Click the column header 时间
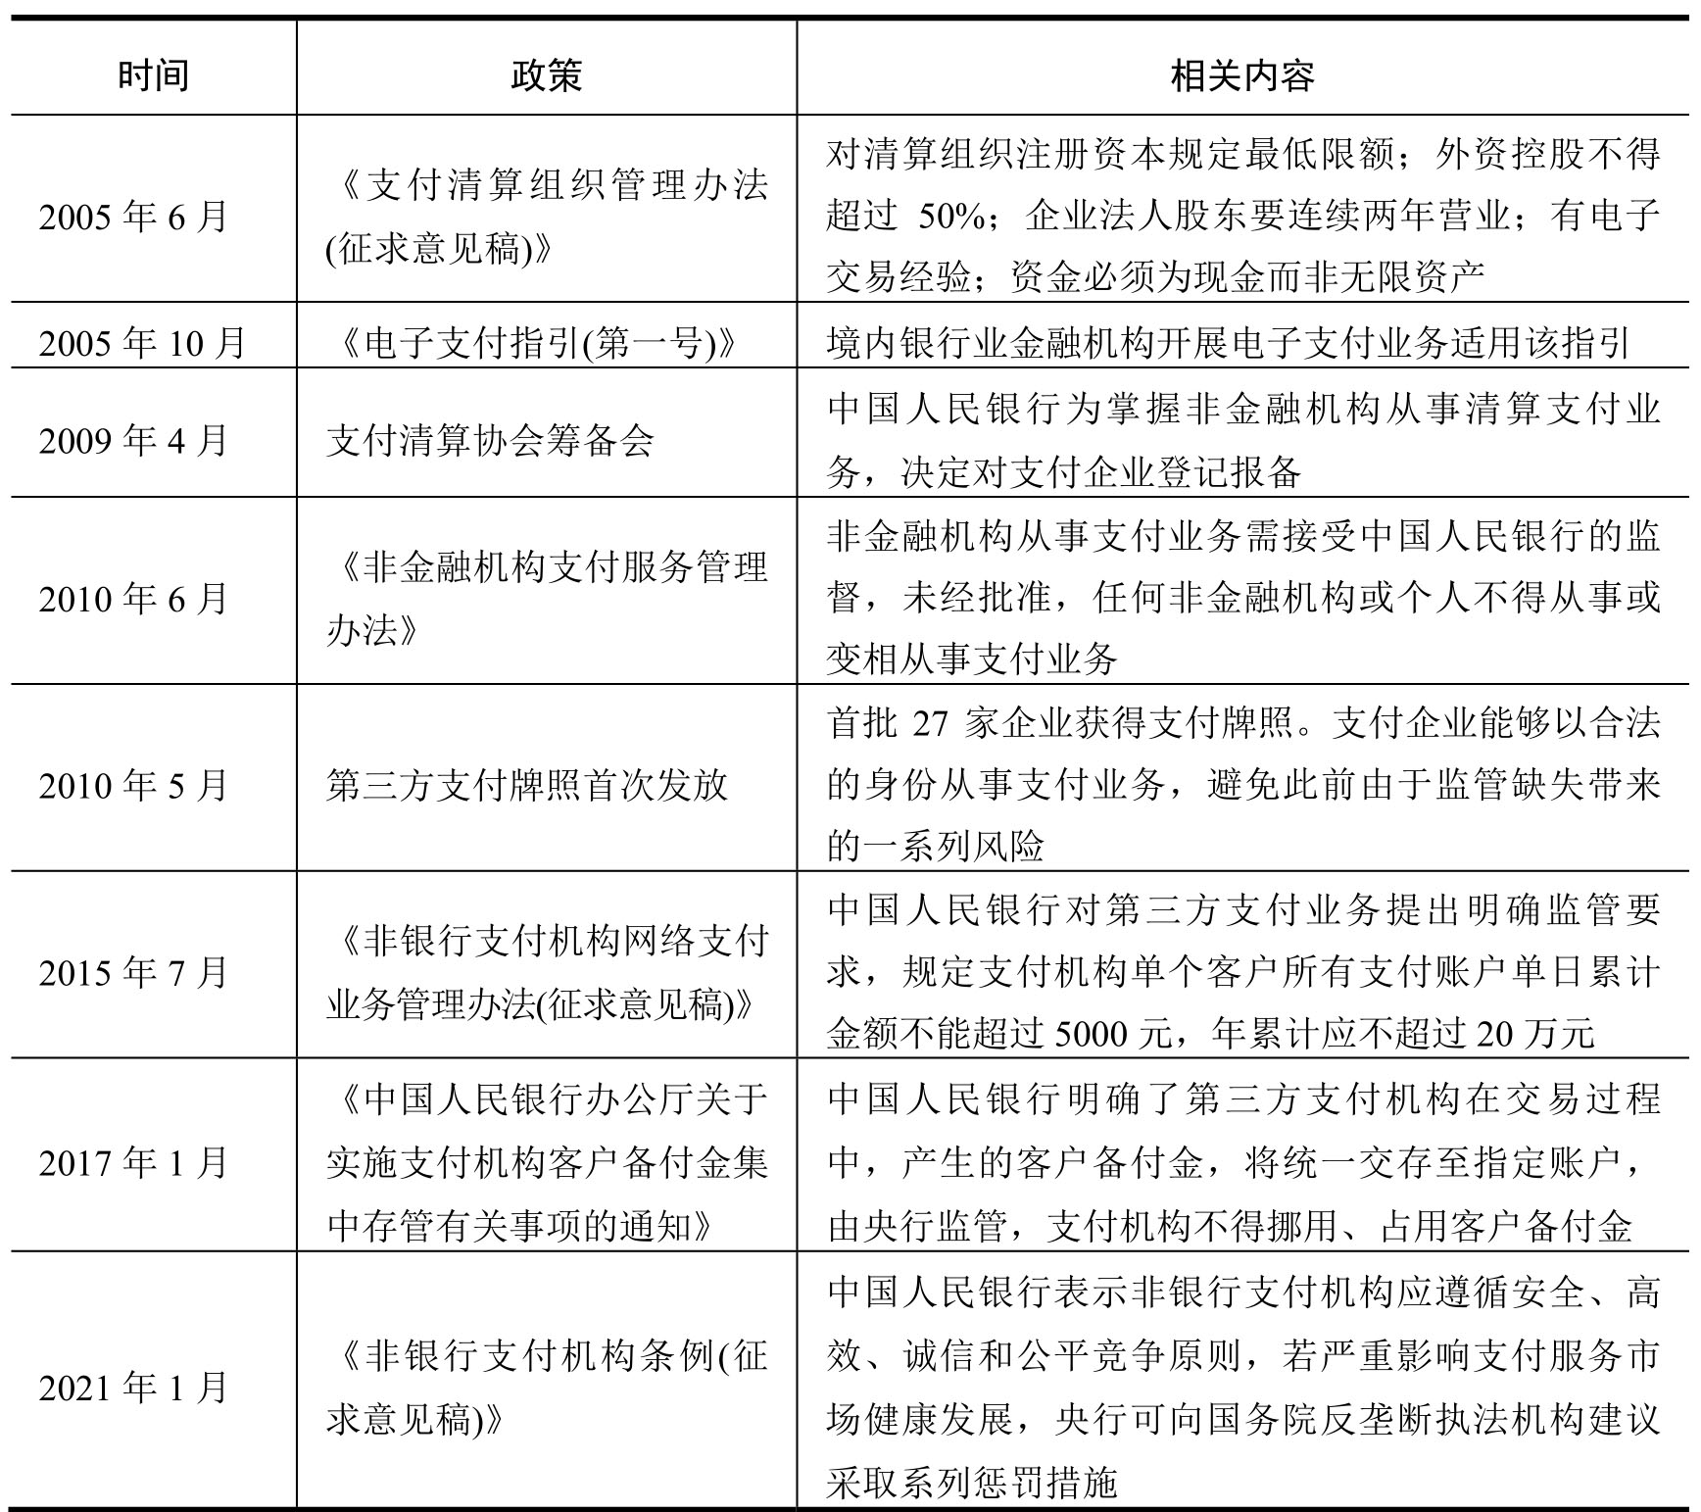153,75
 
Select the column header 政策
546,75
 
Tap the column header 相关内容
1241,75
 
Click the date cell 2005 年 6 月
133,217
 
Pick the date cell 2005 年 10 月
142,342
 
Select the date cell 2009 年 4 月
133,440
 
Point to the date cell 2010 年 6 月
133,598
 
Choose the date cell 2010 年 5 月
133,785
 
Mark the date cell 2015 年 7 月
133,972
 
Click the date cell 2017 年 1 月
133,1162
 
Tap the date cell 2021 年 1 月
133,1388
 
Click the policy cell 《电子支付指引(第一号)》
530,342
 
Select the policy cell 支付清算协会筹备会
490,440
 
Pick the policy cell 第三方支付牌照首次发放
527,785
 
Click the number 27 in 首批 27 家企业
930,723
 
